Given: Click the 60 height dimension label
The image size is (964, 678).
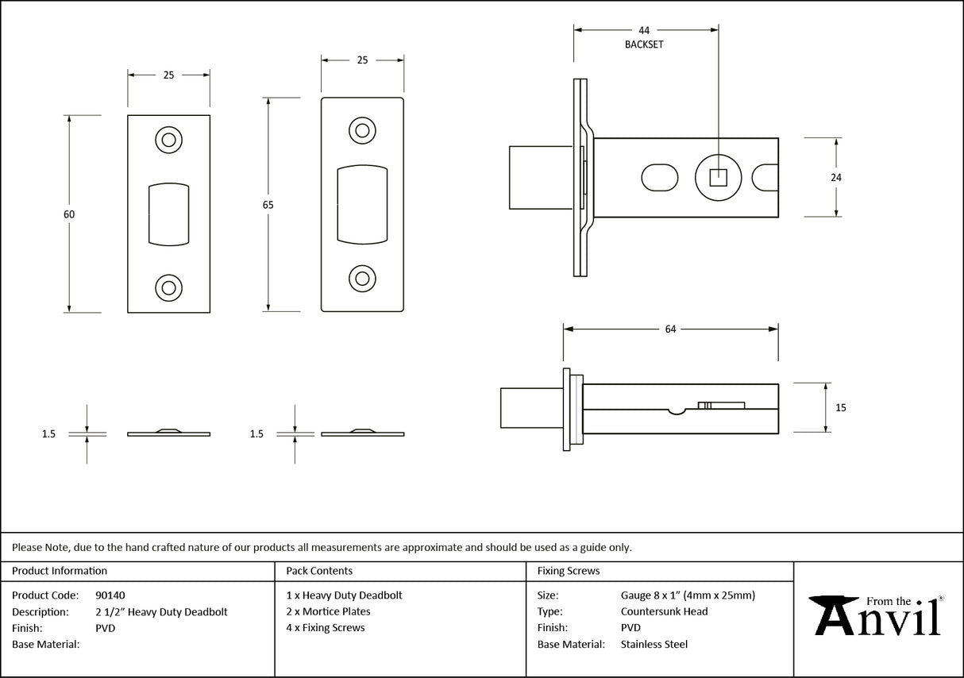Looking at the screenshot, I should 69,214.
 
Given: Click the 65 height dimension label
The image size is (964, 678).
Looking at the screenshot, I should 268,205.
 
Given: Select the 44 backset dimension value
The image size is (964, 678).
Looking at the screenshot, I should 644,31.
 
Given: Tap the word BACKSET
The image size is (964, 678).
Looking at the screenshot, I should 644,44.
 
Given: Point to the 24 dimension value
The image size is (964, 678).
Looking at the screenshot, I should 835,178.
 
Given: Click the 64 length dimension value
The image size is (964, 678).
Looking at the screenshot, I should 670,329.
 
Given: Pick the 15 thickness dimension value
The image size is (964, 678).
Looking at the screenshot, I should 841,408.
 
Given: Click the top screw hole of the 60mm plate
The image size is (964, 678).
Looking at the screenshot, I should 168,141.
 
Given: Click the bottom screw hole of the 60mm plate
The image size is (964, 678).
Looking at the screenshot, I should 168,287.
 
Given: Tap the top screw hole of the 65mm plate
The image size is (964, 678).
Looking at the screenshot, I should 363,130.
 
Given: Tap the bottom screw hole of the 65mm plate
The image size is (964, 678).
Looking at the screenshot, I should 363,278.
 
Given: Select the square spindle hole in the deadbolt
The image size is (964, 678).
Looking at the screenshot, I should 718,177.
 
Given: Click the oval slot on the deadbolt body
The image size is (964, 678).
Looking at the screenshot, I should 658,177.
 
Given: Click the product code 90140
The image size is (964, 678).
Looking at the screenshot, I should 110,595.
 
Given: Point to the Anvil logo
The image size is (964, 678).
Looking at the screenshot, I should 877,616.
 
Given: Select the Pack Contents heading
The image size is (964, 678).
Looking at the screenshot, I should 319,571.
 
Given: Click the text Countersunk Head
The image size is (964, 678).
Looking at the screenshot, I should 664,611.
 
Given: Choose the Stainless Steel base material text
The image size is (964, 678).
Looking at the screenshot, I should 654,644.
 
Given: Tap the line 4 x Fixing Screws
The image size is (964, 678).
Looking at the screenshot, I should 326,627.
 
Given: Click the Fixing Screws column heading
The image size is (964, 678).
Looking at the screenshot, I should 569,571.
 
